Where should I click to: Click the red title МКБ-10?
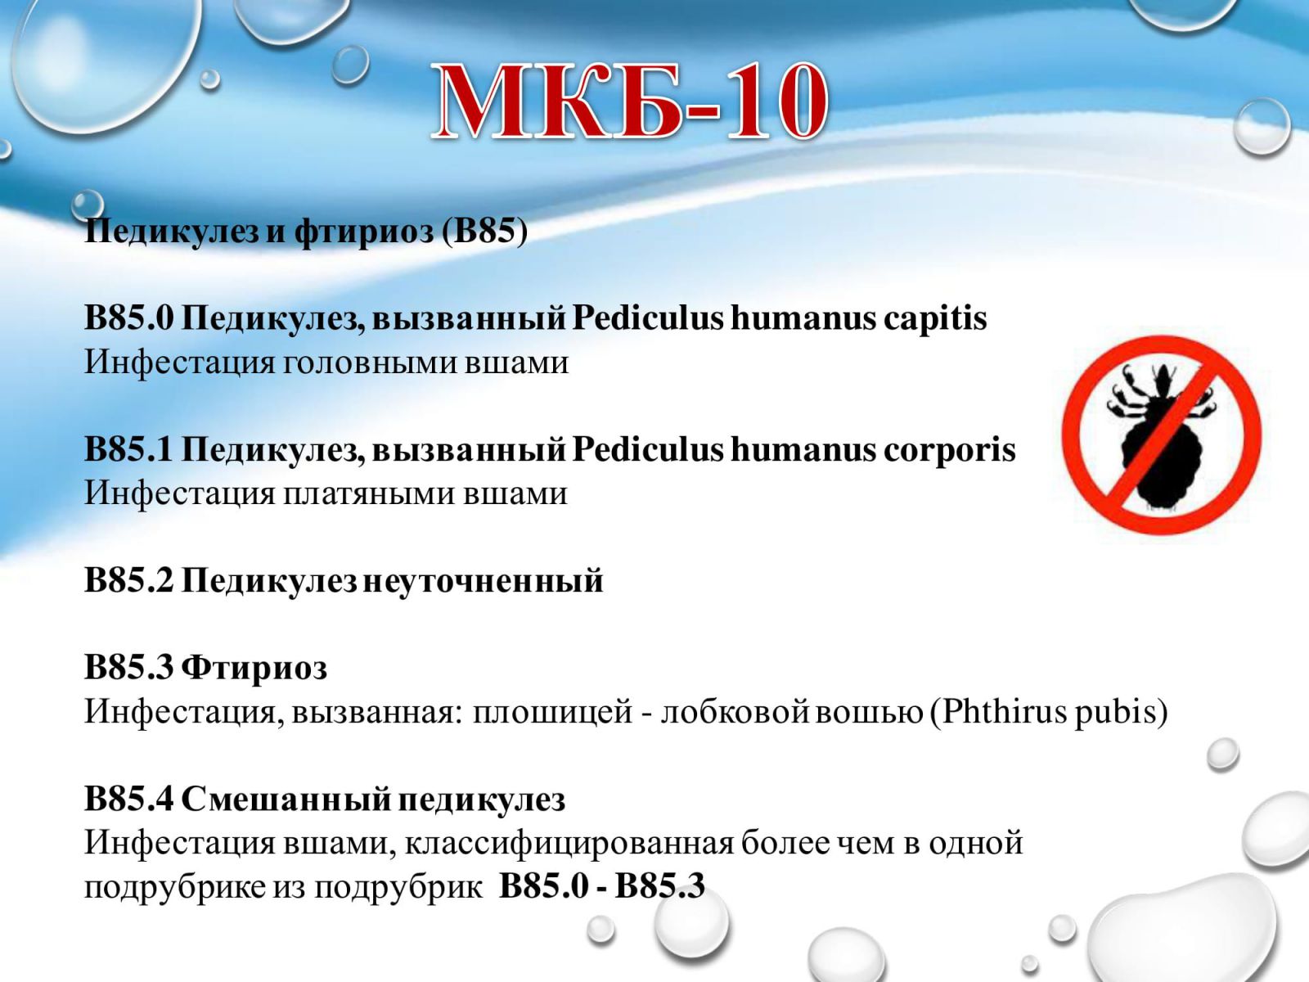(x=630, y=102)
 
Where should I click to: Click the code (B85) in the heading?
(x=485, y=231)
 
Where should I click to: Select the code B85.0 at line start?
(x=128, y=318)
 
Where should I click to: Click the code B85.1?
(x=128, y=449)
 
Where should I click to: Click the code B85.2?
(x=128, y=580)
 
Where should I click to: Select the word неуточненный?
(x=483, y=581)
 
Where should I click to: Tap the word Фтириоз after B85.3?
(x=254, y=668)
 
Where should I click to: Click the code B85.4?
(x=128, y=799)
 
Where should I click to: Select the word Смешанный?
(x=286, y=799)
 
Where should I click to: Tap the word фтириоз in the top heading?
(x=363, y=232)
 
